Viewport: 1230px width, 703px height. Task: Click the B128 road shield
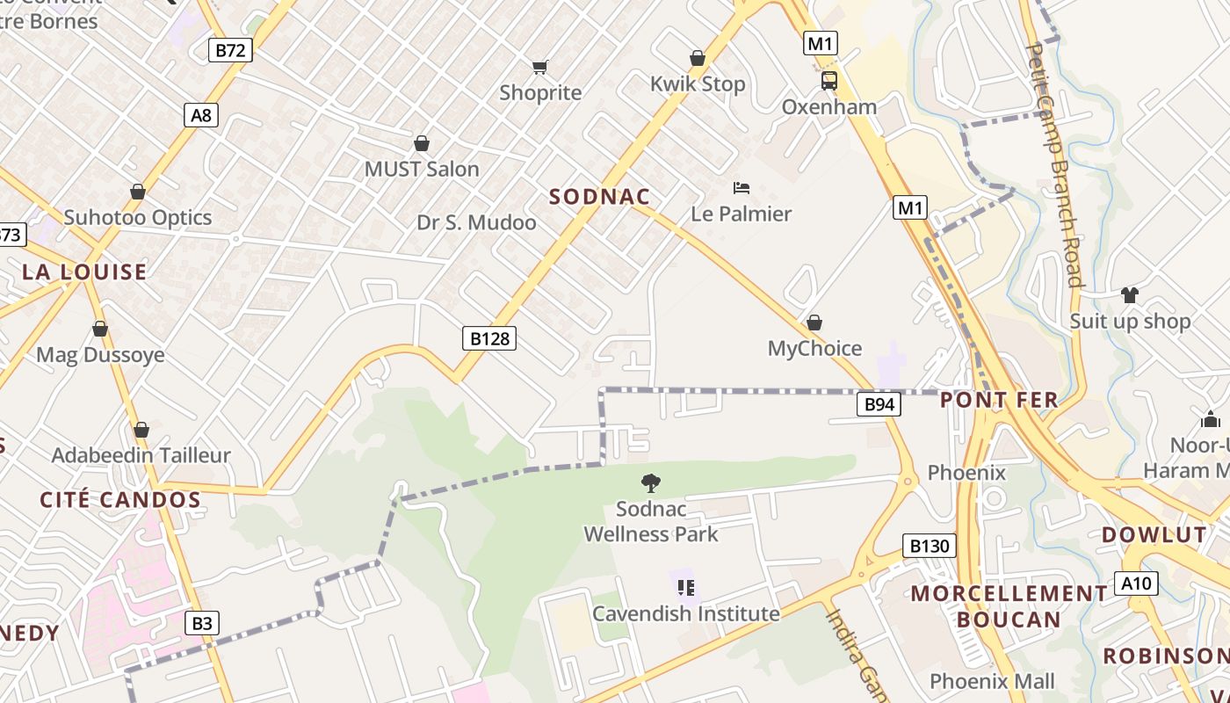[489, 338]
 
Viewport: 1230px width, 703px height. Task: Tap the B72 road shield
[230, 49]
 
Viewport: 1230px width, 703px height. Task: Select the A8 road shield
[201, 115]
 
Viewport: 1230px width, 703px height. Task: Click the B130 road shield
[929, 546]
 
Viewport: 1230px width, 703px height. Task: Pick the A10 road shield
[1136, 583]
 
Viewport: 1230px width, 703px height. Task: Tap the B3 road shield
[202, 623]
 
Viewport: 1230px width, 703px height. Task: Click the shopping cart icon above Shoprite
[540, 67]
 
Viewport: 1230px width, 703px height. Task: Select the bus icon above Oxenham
[828, 81]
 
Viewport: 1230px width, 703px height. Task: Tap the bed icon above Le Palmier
[742, 188]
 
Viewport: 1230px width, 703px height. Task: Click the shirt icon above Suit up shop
[1129, 294]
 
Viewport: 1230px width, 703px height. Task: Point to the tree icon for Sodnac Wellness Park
[650, 482]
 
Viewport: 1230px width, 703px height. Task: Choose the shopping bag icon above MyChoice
[814, 323]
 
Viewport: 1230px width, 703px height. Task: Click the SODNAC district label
[599, 197]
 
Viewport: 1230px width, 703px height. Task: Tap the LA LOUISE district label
[84, 272]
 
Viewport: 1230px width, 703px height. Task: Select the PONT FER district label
[999, 401]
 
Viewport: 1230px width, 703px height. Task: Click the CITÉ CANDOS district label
[120, 500]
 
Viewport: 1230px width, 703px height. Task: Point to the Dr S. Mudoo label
[476, 222]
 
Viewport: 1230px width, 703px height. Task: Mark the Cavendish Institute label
[685, 613]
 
